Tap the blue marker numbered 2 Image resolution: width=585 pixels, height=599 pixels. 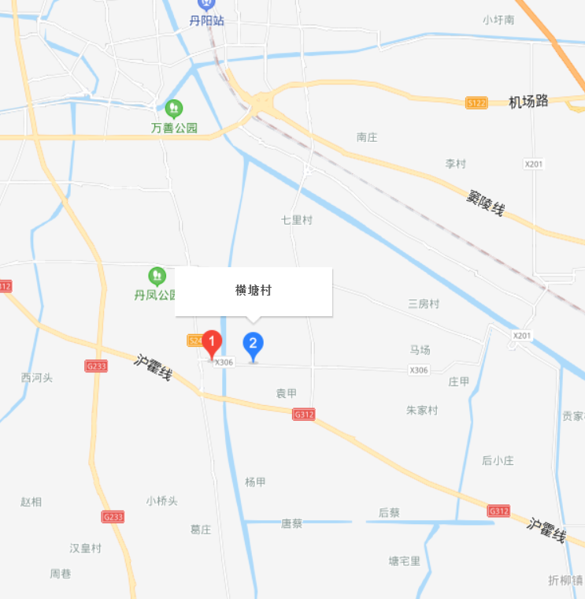[x=253, y=344]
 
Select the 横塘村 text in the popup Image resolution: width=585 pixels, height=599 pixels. [x=254, y=290]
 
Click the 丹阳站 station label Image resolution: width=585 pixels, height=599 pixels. [x=207, y=20]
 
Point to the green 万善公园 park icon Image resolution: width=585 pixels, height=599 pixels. [x=174, y=107]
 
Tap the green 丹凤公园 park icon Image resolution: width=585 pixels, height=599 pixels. [x=157, y=276]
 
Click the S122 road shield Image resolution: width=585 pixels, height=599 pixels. [x=476, y=102]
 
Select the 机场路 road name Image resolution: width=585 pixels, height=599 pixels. [x=528, y=101]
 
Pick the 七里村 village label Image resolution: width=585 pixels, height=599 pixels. [x=297, y=220]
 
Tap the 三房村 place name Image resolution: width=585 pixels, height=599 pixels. [x=424, y=303]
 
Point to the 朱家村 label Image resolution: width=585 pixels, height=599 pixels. [x=422, y=410]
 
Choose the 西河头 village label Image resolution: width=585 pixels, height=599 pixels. [x=36, y=378]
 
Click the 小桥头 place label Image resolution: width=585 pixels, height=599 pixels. [x=162, y=500]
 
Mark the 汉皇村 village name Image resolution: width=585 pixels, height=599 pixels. [x=86, y=548]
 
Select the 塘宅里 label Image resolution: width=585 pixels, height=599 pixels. [x=405, y=561]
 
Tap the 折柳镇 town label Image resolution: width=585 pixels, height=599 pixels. [x=566, y=580]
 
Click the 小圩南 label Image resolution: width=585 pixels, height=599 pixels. [x=499, y=20]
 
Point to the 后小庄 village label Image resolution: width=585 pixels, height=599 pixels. [x=498, y=460]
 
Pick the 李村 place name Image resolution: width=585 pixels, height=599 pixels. [x=456, y=164]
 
